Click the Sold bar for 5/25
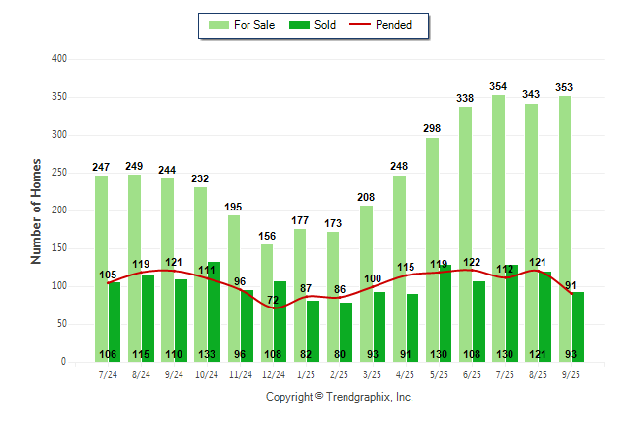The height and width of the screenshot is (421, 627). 445,310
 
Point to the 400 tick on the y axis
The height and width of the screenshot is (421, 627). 59,59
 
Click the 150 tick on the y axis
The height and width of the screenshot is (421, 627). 59,248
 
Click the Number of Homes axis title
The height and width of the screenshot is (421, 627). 36,210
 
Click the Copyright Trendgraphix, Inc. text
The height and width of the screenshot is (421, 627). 340,397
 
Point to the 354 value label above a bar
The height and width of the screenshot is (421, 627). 498,87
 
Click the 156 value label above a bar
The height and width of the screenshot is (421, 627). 266,237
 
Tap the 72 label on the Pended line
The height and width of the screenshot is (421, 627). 274,301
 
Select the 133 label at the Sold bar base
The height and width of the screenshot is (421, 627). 207,354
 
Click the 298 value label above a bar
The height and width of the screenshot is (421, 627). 432,129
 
